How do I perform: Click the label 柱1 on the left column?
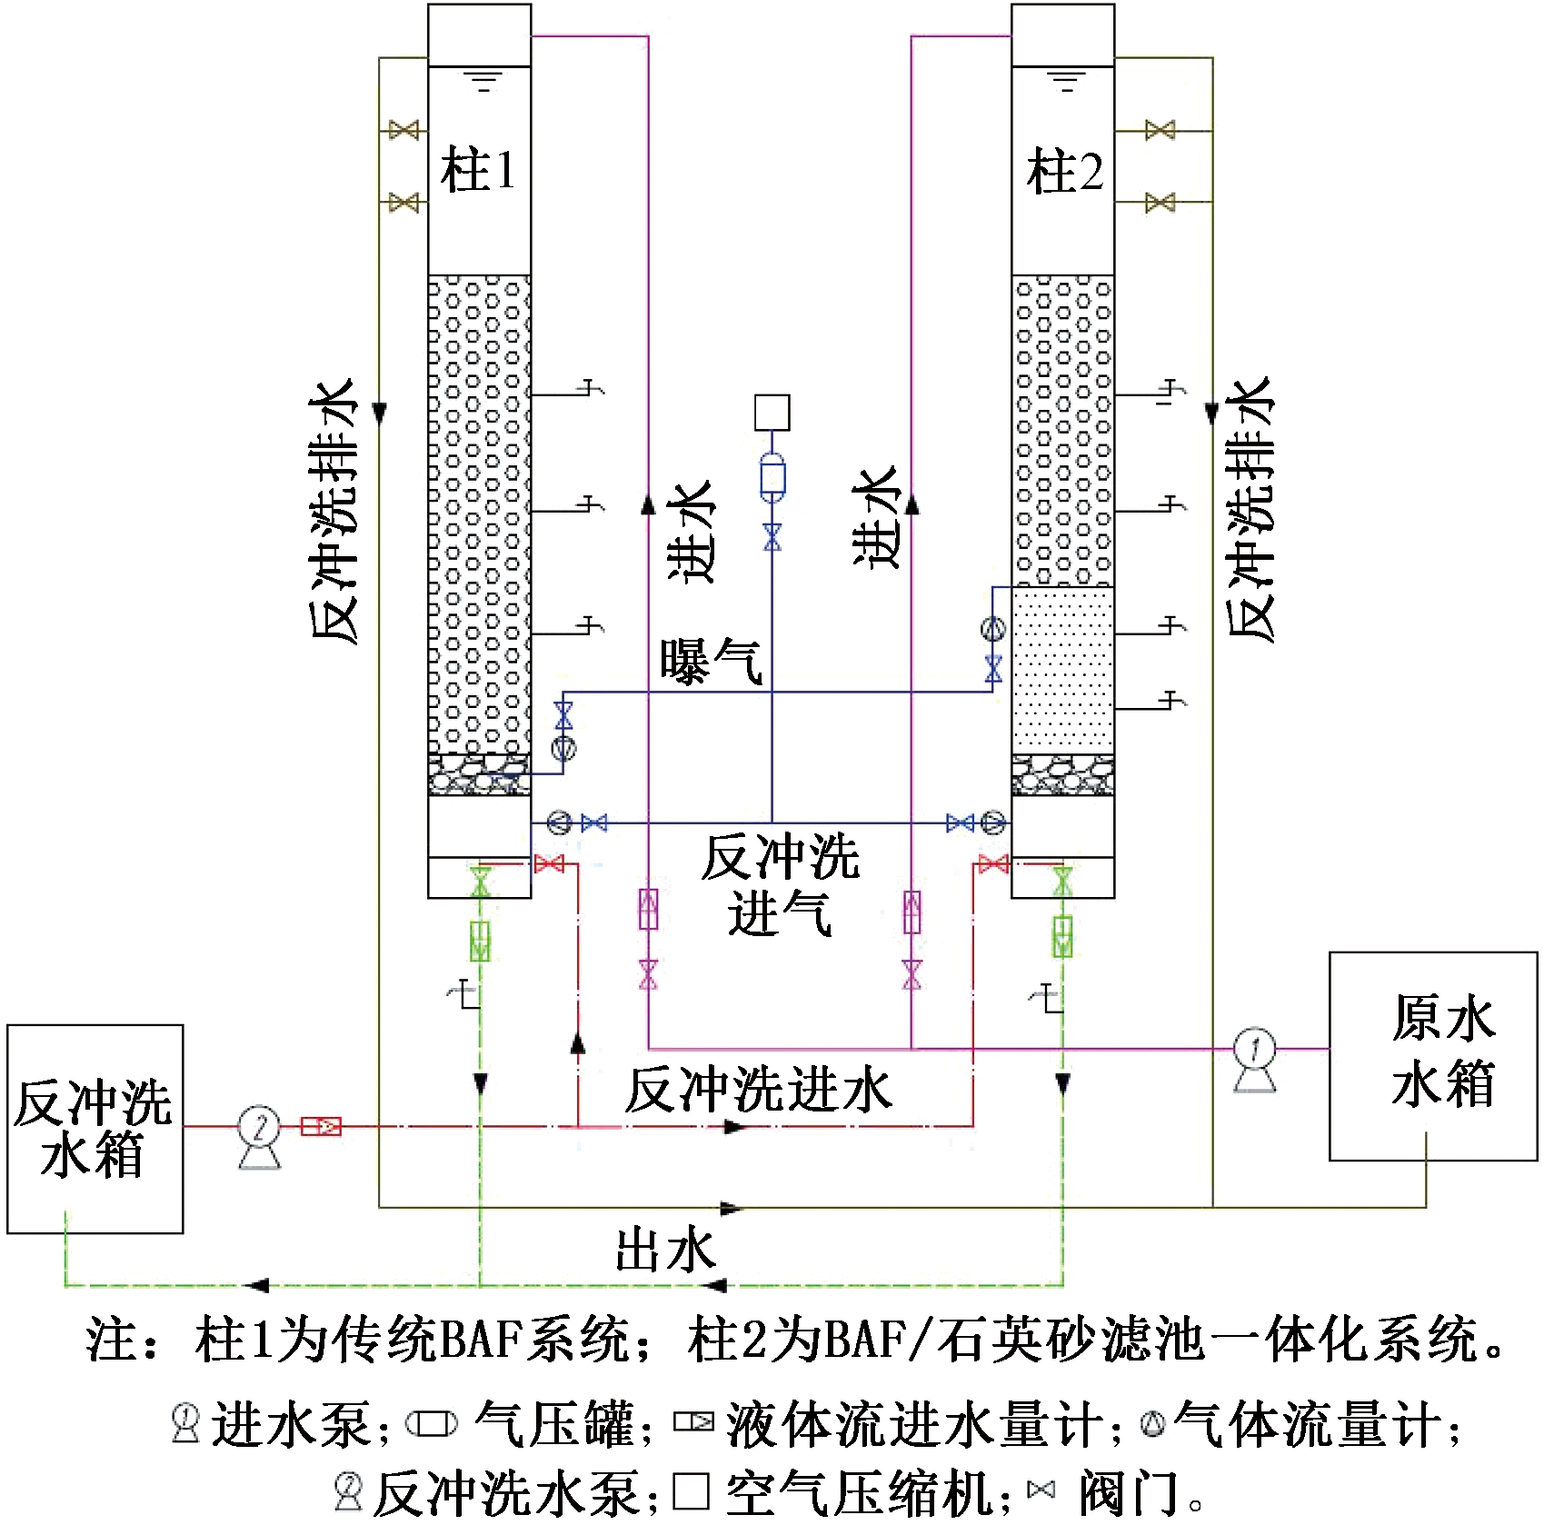tap(478, 171)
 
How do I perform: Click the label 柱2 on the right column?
tap(1064, 171)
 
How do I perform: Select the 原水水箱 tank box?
tap(1433, 1055)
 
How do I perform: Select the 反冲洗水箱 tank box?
tap(95, 1128)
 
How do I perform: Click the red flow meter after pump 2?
tap(322, 1127)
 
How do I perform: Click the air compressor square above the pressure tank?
tap(772, 413)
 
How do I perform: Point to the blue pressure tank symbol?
tap(772, 478)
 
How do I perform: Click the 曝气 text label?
tap(710, 662)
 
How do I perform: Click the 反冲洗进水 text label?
tap(759, 1091)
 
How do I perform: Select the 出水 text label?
tap(666, 1250)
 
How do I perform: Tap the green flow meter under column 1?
tap(480, 941)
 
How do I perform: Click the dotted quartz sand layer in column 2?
tap(1062, 669)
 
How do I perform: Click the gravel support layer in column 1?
tap(479, 774)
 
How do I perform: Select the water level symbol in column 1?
tap(483, 82)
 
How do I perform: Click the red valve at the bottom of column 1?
tap(549, 863)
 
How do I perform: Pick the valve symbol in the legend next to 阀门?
tap(1041, 1489)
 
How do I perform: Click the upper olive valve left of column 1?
tap(403, 130)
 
